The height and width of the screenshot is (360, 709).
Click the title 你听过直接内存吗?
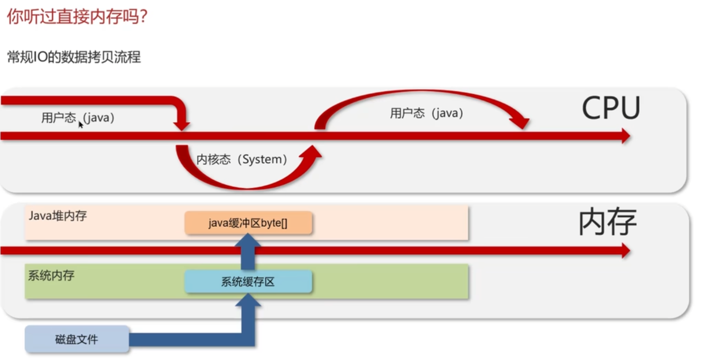77,17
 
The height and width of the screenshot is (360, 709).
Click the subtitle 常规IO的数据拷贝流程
74,57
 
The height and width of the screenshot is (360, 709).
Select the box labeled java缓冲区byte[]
248,223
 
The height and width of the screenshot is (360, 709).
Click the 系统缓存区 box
248,282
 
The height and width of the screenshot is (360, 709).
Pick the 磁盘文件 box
77,339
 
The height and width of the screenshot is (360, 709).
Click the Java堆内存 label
58,216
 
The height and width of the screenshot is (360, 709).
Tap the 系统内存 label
51,275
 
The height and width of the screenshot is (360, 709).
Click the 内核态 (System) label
242,160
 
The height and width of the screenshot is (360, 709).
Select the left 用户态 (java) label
78,118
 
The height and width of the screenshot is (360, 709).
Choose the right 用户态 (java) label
427,113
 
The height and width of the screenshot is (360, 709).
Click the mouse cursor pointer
81,125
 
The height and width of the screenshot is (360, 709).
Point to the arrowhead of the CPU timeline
625,136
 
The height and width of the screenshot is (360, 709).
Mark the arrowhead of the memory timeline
625,250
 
